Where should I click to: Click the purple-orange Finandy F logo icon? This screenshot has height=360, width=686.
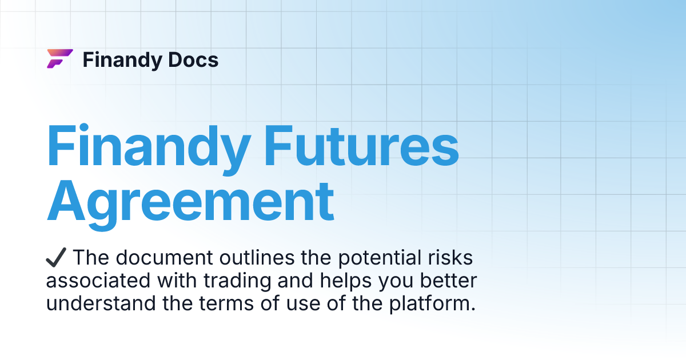(59, 59)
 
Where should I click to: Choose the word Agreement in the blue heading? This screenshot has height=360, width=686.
(190, 201)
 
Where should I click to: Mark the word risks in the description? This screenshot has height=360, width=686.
(452, 258)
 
